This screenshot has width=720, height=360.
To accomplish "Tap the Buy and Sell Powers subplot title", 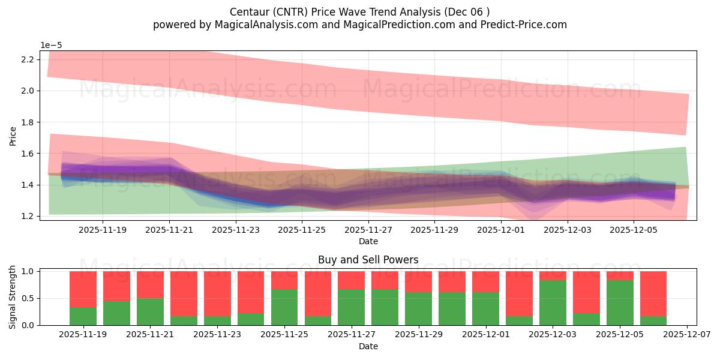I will [x=368, y=260].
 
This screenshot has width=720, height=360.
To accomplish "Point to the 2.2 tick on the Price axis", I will [x=27, y=59].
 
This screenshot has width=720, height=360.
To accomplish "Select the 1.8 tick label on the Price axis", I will [x=27, y=122].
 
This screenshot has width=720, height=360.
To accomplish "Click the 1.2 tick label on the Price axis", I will [x=27, y=216].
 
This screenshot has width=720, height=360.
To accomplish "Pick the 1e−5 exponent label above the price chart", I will [x=51, y=45].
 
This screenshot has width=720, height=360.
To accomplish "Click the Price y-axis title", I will [x=13, y=136].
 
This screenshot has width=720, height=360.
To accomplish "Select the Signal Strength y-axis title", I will [x=13, y=296].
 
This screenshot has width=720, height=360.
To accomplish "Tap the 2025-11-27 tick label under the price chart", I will [x=368, y=229].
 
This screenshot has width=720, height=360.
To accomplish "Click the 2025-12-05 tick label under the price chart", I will [x=634, y=229].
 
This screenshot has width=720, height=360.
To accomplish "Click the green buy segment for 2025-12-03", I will [x=553, y=303].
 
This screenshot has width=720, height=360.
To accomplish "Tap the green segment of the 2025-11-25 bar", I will [x=284, y=307].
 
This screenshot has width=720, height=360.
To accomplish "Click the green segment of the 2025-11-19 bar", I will [x=83, y=316].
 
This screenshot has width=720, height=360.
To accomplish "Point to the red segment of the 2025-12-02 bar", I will [x=519, y=293].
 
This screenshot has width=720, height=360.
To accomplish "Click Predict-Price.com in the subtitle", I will [x=520, y=25].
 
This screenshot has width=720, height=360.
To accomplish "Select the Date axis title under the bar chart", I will [x=368, y=346].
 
